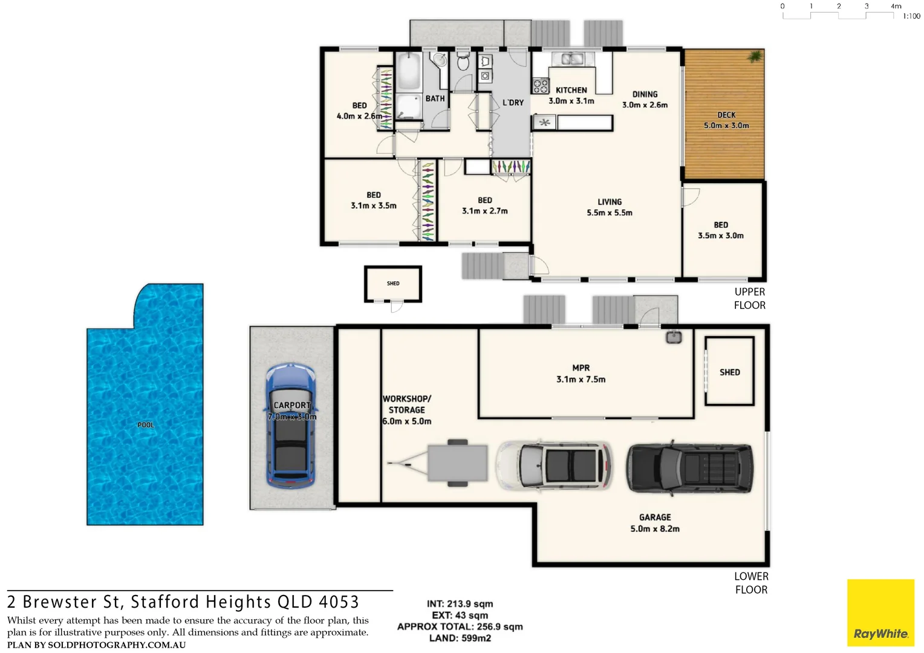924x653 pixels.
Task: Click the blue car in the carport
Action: (291, 426)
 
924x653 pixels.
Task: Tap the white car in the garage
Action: (554, 465)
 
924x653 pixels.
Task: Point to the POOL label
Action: (146, 425)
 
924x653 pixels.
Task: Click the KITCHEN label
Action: (571, 90)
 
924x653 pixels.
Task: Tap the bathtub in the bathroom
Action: (409, 71)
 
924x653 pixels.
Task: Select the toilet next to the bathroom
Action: (463, 62)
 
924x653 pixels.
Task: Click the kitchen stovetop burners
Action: (540, 86)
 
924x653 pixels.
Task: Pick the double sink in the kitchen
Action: (571, 59)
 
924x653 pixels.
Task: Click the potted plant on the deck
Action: (755, 57)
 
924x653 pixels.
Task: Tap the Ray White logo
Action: (880, 613)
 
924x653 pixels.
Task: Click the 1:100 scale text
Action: (911, 16)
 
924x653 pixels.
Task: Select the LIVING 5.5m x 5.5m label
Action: (609, 207)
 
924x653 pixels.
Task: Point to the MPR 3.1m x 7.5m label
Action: (581, 374)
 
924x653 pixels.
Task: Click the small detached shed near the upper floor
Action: (393, 284)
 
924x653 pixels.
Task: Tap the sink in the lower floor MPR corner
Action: (674, 337)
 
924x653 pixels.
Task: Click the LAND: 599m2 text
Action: (460, 638)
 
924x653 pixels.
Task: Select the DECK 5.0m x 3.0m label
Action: (726, 120)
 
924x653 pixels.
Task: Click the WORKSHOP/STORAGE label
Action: (407, 410)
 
